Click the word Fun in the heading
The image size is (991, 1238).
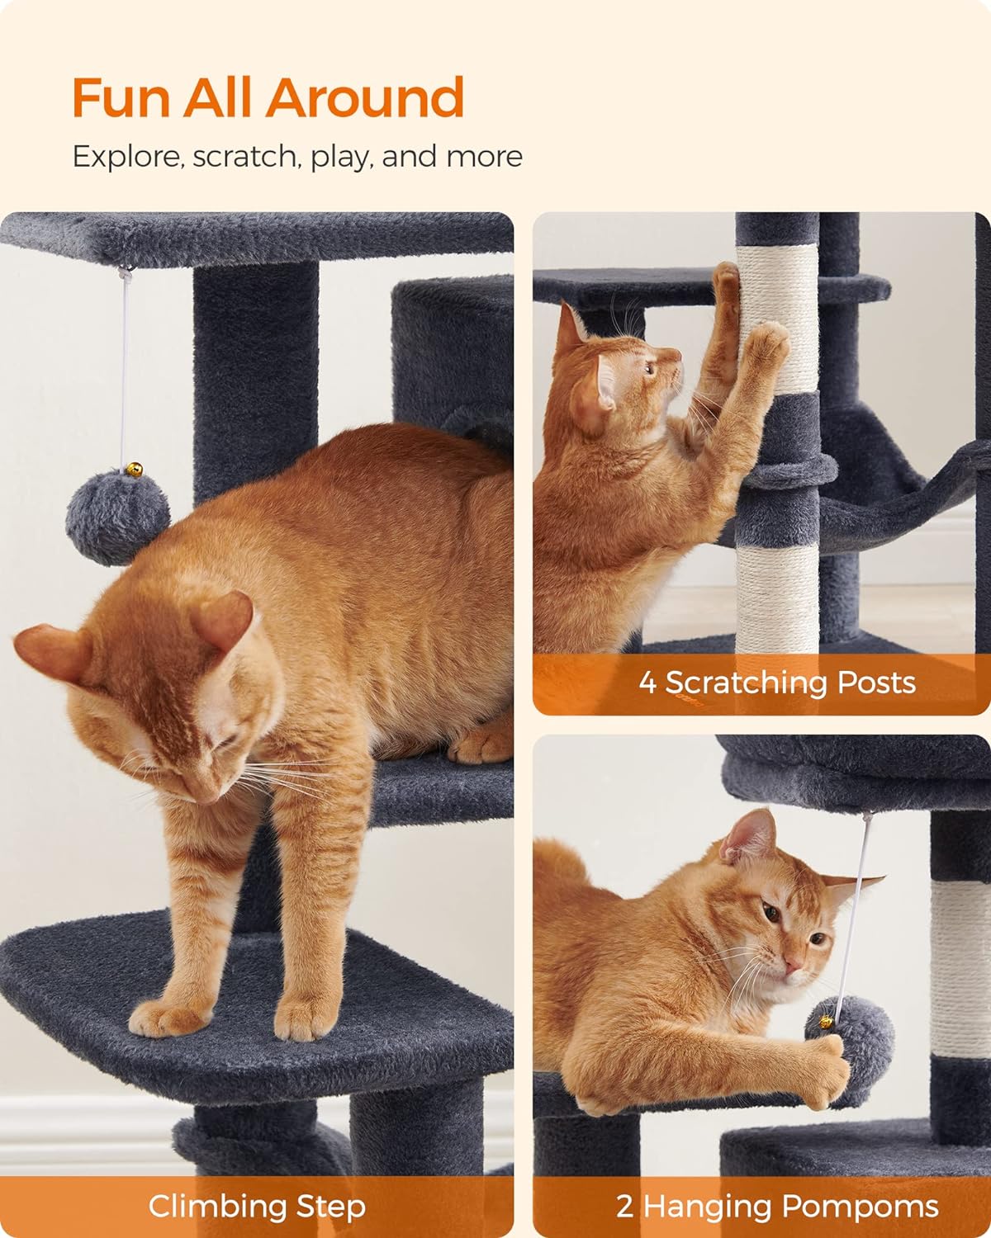click(121, 97)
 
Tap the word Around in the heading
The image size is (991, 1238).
click(364, 97)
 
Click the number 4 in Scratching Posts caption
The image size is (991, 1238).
click(647, 683)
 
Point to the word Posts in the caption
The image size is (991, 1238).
click(876, 683)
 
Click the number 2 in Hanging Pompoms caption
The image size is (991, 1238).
click(624, 1207)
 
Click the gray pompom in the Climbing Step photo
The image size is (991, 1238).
click(117, 516)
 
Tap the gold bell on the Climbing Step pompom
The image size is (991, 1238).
click(134, 470)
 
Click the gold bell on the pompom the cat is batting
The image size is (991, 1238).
click(826, 1022)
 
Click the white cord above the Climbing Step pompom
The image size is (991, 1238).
click(124, 368)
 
